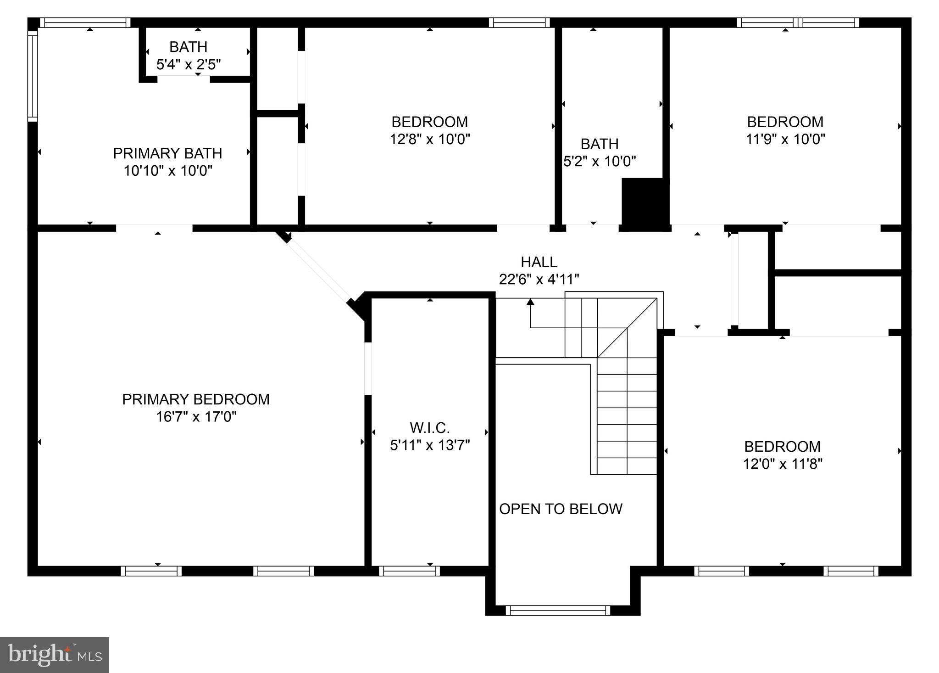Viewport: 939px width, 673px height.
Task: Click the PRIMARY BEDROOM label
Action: point(195,399)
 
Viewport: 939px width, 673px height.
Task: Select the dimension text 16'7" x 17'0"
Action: point(196,417)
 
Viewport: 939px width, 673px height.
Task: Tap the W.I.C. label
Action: point(430,428)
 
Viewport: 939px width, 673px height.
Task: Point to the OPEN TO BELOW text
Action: point(561,509)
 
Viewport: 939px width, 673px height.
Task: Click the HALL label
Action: point(539,262)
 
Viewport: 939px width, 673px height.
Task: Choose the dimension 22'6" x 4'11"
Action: point(539,279)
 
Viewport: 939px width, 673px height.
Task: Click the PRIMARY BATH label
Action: point(167,153)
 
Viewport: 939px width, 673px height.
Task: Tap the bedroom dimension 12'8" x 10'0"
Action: point(430,139)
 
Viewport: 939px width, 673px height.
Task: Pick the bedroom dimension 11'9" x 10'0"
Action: point(785,139)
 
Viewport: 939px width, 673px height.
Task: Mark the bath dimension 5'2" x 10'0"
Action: point(600,161)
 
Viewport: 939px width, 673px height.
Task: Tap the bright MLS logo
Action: point(55,655)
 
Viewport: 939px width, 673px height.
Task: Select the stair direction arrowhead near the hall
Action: point(531,302)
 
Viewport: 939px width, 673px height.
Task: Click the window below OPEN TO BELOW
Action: point(558,610)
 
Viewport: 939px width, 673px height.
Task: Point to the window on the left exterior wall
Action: point(32,76)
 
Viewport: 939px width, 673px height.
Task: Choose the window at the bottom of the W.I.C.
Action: point(409,571)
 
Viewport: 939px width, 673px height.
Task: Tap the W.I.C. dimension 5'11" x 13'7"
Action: point(430,445)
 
